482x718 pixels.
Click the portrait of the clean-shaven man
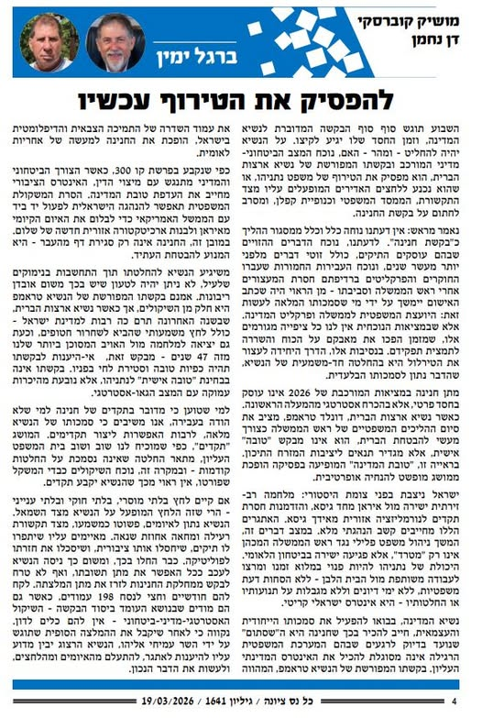pyautogui.click(x=47, y=42)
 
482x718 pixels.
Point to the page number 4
pyautogui.click(x=455, y=701)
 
